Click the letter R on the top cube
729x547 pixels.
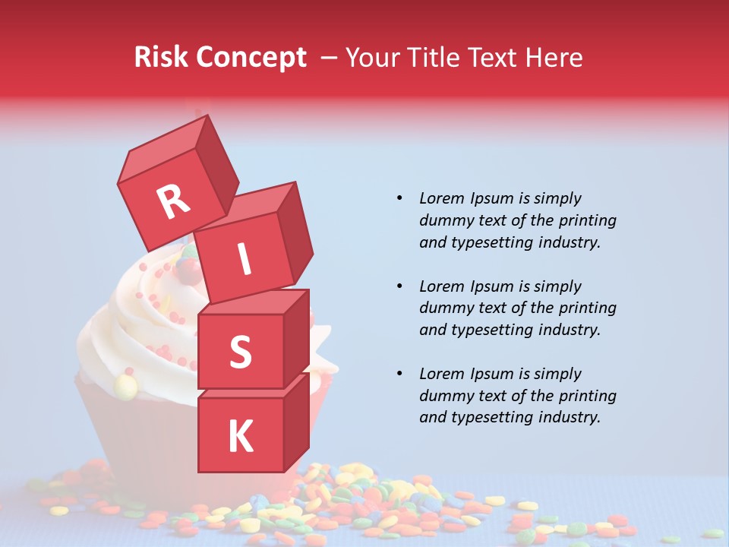point(173,201)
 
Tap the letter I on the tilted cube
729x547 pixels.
point(244,260)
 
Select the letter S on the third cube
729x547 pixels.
point(240,352)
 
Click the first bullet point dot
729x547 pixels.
point(400,199)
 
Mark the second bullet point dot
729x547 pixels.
point(400,286)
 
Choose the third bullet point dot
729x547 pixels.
point(400,374)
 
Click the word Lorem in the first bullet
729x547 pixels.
point(441,199)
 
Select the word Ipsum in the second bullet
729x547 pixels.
point(491,286)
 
